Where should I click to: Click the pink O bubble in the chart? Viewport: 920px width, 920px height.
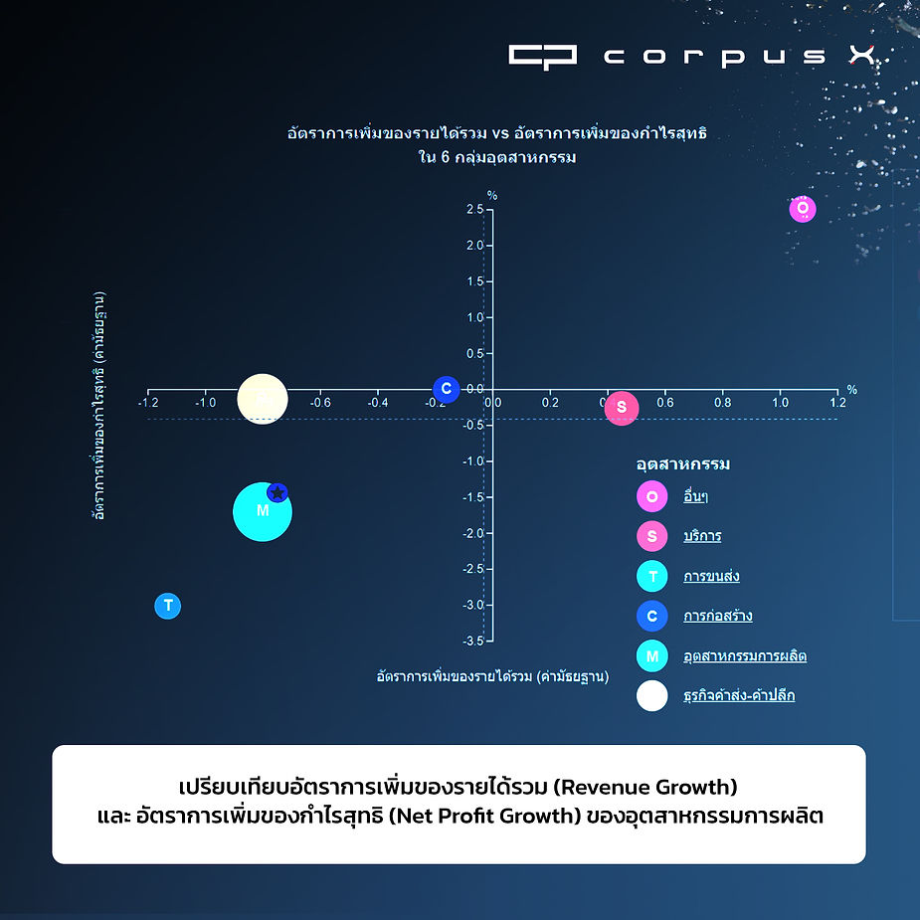pos(803,209)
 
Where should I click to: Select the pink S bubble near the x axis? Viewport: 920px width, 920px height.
pos(622,407)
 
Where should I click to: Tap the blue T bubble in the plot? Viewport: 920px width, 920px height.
pos(168,606)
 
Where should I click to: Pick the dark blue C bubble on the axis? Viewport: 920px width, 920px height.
pos(447,389)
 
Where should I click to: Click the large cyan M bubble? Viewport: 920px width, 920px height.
pos(263,511)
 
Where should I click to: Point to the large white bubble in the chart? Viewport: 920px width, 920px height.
pos(263,399)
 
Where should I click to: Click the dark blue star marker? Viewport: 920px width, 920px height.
pos(277,492)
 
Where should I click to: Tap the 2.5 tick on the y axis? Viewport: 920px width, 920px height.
pos(473,209)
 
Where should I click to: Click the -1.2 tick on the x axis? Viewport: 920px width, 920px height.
pos(148,403)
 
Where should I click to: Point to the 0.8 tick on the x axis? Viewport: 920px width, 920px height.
pos(722,403)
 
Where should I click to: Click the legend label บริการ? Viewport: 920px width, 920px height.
pos(702,536)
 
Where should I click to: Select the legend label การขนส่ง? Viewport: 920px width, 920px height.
pos(711,576)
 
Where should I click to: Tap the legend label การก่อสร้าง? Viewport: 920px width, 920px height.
pos(717,616)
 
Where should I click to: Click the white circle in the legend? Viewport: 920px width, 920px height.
pos(652,696)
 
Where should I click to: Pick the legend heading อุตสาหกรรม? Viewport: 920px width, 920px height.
pos(683,464)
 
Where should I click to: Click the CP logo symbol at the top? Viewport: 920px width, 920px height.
pos(542,56)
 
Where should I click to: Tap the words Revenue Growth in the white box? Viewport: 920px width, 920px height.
pos(644,789)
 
